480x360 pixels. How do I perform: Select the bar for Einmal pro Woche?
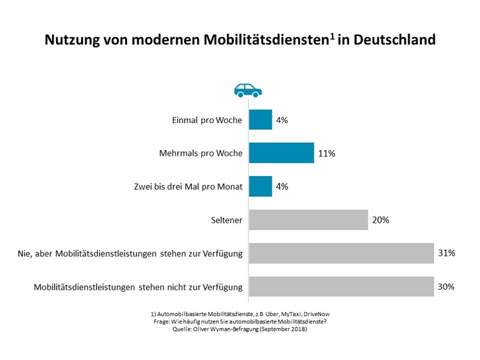pyautogui.click(x=260, y=120)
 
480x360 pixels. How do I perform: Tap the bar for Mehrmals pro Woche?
pyautogui.click(x=281, y=153)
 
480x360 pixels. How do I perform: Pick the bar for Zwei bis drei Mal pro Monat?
pyautogui.click(x=260, y=186)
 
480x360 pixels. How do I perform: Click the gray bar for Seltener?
pyautogui.click(x=308, y=219)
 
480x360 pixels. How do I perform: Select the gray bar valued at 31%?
pyautogui.click(x=341, y=252)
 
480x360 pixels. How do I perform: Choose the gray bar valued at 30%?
pyautogui.click(x=341, y=286)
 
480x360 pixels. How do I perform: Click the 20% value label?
pyautogui.click(x=380, y=220)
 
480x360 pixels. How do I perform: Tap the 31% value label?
pyautogui.click(x=446, y=253)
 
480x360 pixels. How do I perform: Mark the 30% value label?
pyautogui.click(x=446, y=286)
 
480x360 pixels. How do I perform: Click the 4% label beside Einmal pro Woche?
pyautogui.click(x=282, y=120)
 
